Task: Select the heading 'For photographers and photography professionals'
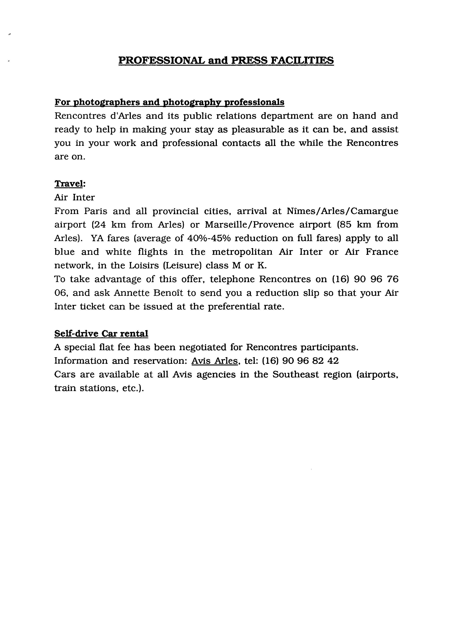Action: tap(169, 102)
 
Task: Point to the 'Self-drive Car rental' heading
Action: tap(101, 334)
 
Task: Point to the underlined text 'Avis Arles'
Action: tap(215, 361)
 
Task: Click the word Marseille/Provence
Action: tap(249, 225)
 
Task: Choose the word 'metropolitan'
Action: tap(242, 252)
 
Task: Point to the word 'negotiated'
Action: tap(203, 347)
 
